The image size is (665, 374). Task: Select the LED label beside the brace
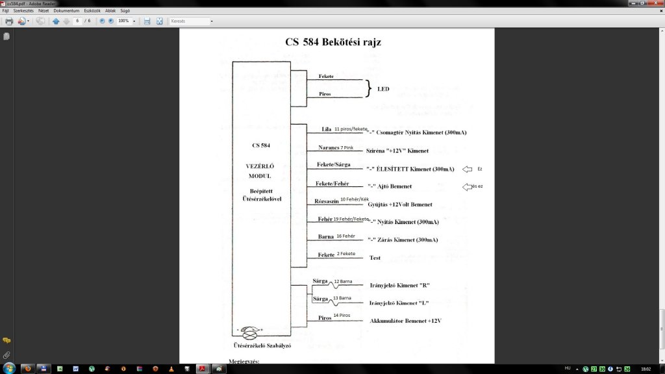pyautogui.click(x=383, y=89)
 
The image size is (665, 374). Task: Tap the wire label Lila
pyautogui.click(x=327, y=129)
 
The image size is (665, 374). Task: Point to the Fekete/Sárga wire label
pyautogui.click(x=334, y=164)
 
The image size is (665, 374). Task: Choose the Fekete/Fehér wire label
pyautogui.click(x=334, y=183)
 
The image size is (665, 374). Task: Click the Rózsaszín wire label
pyautogui.click(x=327, y=201)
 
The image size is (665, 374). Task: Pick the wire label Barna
pyautogui.click(x=326, y=236)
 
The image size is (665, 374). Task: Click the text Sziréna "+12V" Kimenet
pyautogui.click(x=397, y=151)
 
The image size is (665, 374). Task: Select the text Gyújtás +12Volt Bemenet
pyautogui.click(x=400, y=205)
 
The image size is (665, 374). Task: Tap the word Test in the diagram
pyautogui.click(x=375, y=258)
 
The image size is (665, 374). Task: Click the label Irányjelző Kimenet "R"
pyautogui.click(x=399, y=286)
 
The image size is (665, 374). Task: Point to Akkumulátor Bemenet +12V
pyautogui.click(x=405, y=321)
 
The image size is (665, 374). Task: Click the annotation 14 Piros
pyautogui.click(x=342, y=315)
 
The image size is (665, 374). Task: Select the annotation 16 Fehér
pyautogui.click(x=345, y=236)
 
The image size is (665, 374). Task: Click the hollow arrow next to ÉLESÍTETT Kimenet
pyautogui.click(x=467, y=169)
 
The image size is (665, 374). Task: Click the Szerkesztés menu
pyautogui.click(x=22, y=11)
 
